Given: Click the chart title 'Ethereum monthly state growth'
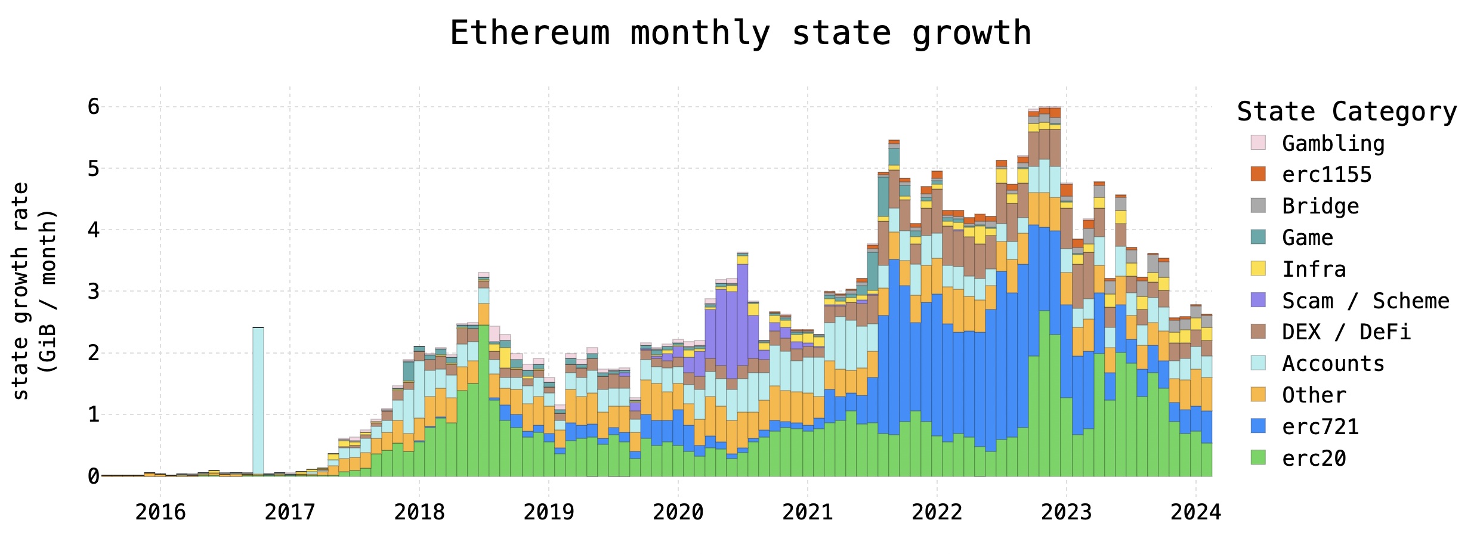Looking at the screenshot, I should point(740,33).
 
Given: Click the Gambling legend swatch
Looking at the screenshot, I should point(1258,143).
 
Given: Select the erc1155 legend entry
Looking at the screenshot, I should point(1327,175).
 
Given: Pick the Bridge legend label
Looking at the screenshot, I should point(1320,206).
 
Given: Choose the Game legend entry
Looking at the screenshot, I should point(1307,238).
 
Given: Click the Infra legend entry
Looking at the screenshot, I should point(1314,270).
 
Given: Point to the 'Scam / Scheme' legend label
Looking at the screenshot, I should point(1365,301).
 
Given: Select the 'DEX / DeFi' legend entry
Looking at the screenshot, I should point(1346,332).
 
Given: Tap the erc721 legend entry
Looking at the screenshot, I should point(1320,427).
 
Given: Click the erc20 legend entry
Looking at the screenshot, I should point(1314,459).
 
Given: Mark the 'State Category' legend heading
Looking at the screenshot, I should point(1346,112).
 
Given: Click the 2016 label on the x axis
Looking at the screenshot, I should point(160,512).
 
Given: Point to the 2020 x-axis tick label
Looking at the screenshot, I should point(678,512).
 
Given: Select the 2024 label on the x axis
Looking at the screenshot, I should point(1195,512).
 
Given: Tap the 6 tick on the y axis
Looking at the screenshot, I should point(93,107).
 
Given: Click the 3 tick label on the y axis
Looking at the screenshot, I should point(93,292).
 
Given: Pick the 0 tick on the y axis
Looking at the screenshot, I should point(93,476).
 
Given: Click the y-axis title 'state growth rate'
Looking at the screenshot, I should point(21,291).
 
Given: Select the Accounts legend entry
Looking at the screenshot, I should point(1333,364).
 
